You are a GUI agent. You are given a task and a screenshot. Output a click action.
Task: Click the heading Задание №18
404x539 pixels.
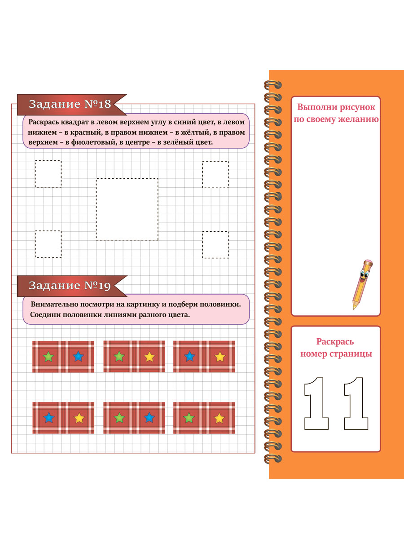(70, 104)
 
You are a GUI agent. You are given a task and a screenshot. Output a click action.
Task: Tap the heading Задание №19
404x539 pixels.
(70, 285)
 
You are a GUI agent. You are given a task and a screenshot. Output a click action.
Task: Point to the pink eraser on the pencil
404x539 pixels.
(369, 262)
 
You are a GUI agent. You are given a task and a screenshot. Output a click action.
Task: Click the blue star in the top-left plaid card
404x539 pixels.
(79, 356)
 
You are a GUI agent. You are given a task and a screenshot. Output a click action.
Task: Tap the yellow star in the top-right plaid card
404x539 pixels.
(220, 357)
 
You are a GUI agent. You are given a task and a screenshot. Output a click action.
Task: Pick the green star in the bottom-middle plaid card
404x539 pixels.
(119, 418)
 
